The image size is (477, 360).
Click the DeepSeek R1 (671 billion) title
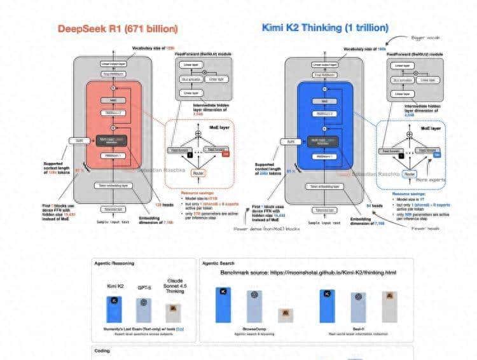coord(118,29)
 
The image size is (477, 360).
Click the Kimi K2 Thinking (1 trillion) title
coord(325,28)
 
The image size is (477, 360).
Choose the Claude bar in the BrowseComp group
coord(286,315)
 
